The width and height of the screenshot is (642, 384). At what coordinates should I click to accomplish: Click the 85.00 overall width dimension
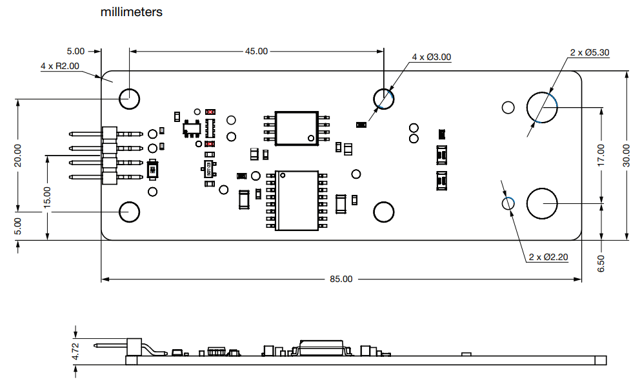pos(341,279)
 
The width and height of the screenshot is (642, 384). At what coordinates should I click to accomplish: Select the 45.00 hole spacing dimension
pos(256,51)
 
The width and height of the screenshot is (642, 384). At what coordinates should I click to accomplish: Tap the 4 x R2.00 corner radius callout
pos(59,66)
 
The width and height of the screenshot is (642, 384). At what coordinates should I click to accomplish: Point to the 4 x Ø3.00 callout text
pos(432,57)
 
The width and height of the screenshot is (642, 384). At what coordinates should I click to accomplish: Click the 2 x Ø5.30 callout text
pos(589,53)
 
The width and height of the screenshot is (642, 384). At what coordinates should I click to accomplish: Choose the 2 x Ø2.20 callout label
pos(548,257)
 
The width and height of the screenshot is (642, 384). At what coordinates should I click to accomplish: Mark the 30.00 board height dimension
pos(627,156)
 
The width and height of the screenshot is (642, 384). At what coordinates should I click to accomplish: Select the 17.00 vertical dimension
pos(601,156)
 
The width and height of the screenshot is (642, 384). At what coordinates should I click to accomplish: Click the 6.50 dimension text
pos(601,263)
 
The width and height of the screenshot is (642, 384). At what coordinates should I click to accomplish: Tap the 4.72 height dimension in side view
pos(75,351)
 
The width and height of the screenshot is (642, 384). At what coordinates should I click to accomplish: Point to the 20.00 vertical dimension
pos(17,156)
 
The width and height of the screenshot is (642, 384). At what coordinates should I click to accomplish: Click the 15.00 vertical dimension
pos(47,197)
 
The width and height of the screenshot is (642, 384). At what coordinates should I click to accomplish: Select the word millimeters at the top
pos(132,12)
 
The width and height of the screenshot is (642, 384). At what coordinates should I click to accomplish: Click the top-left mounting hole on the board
pos(129,99)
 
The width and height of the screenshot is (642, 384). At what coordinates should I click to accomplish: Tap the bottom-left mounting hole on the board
pos(129,212)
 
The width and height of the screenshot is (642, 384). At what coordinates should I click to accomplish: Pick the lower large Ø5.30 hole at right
pos(542,203)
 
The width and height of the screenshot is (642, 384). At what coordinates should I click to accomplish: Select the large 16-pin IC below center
pos(297,200)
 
